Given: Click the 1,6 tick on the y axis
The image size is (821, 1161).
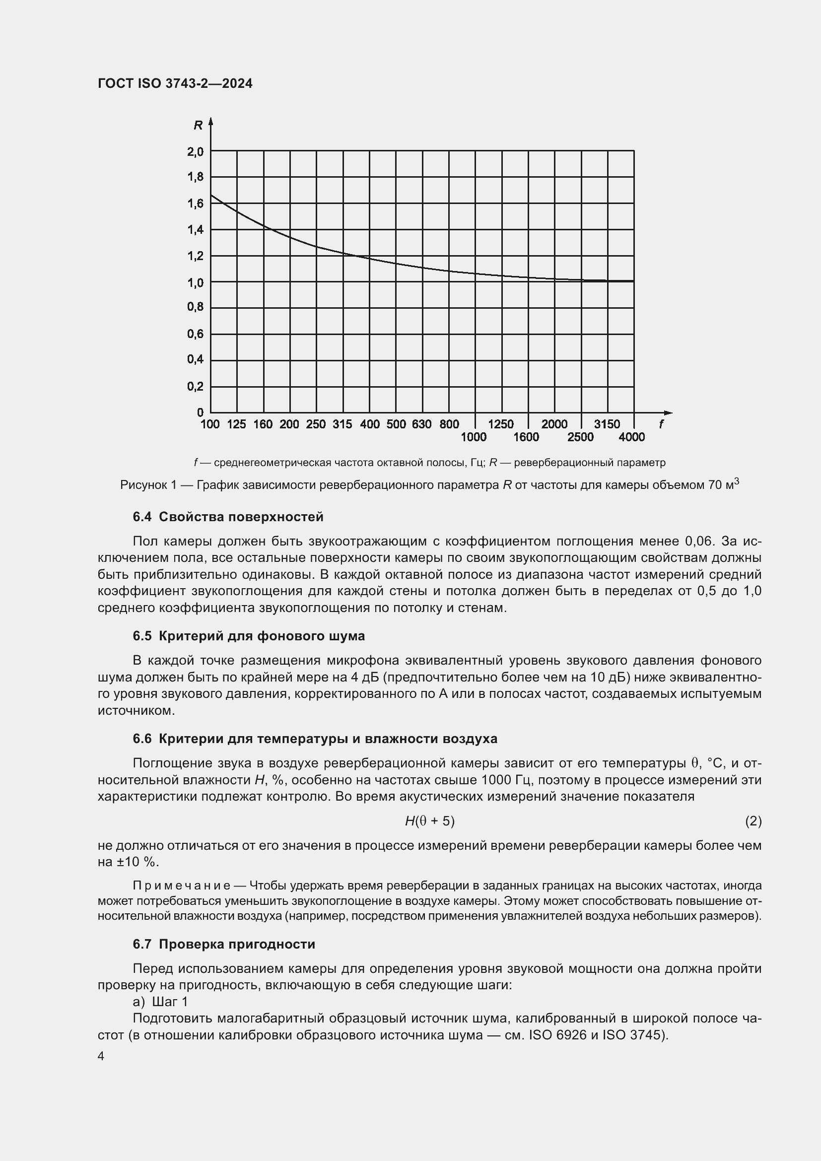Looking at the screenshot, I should (195, 204).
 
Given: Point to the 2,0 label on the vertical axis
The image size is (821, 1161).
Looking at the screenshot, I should (195, 151).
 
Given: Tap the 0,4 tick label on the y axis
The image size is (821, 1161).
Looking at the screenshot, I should (195, 359).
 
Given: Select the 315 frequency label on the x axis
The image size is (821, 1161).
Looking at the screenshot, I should (342, 424).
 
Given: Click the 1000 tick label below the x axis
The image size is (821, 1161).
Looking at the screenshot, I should (473, 437).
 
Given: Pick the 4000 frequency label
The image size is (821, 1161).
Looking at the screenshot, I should (631, 437).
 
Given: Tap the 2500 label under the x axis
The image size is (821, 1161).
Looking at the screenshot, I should (580, 437).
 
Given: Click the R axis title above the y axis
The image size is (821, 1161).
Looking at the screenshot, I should (198, 125).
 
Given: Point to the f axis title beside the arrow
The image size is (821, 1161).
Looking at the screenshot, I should (661, 424).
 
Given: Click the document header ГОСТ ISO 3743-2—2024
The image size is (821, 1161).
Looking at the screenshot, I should (175, 83).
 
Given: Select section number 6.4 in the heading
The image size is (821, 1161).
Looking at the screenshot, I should (142, 517).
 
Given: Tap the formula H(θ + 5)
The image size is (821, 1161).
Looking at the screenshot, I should (430, 821).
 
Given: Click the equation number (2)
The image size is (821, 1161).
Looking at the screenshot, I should (753, 821).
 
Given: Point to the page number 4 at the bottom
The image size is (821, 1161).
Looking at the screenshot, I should (101, 1056).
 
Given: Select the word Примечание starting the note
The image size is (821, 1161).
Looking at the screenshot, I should (182, 886).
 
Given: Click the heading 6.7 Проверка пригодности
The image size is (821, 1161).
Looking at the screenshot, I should (223, 944).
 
